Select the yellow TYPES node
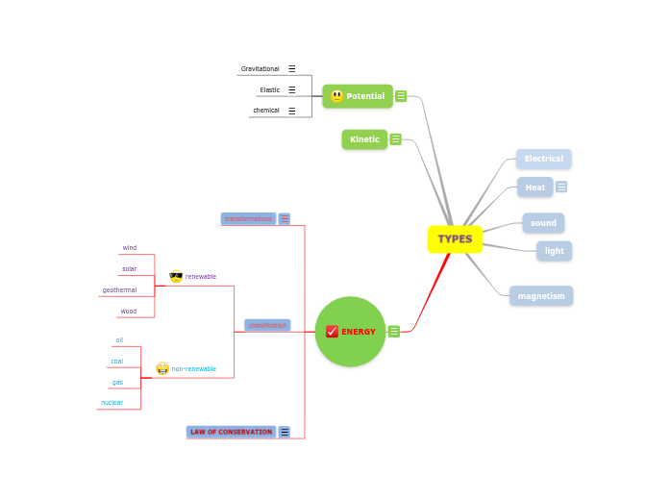point(455,239)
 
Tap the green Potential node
point(358,96)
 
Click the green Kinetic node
point(364,139)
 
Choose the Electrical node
point(543,159)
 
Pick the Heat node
point(534,187)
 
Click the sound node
point(543,223)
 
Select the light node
point(554,251)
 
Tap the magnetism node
point(541,296)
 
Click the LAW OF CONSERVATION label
point(231,432)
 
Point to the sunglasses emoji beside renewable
point(176,276)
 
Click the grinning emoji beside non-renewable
point(162,368)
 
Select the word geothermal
point(120,289)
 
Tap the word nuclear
point(112,403)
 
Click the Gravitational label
point(260,69)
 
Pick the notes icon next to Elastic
point(292,90)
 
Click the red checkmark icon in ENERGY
point(332,332)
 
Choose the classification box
point(267,325)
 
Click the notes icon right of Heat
point(561,187)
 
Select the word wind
point(129,248)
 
